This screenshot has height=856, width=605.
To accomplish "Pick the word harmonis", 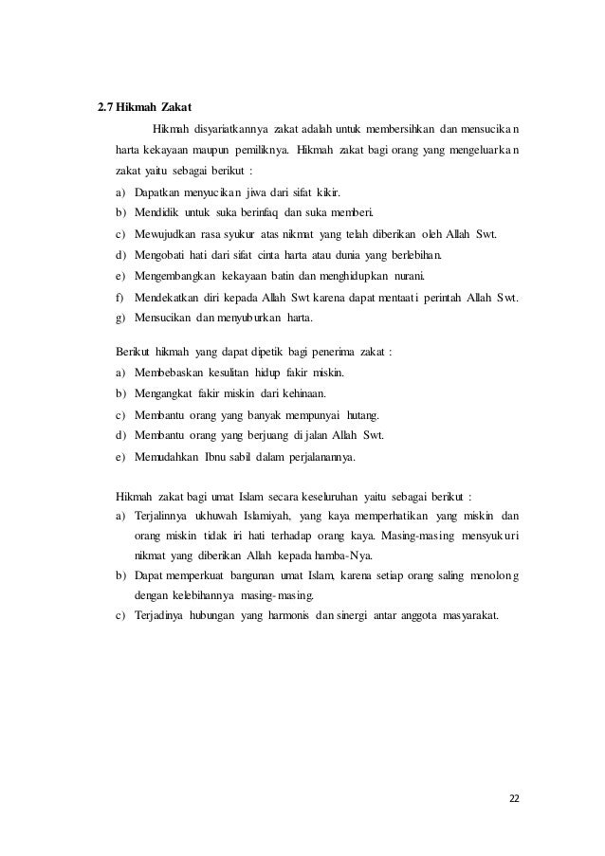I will click(293, 618).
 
